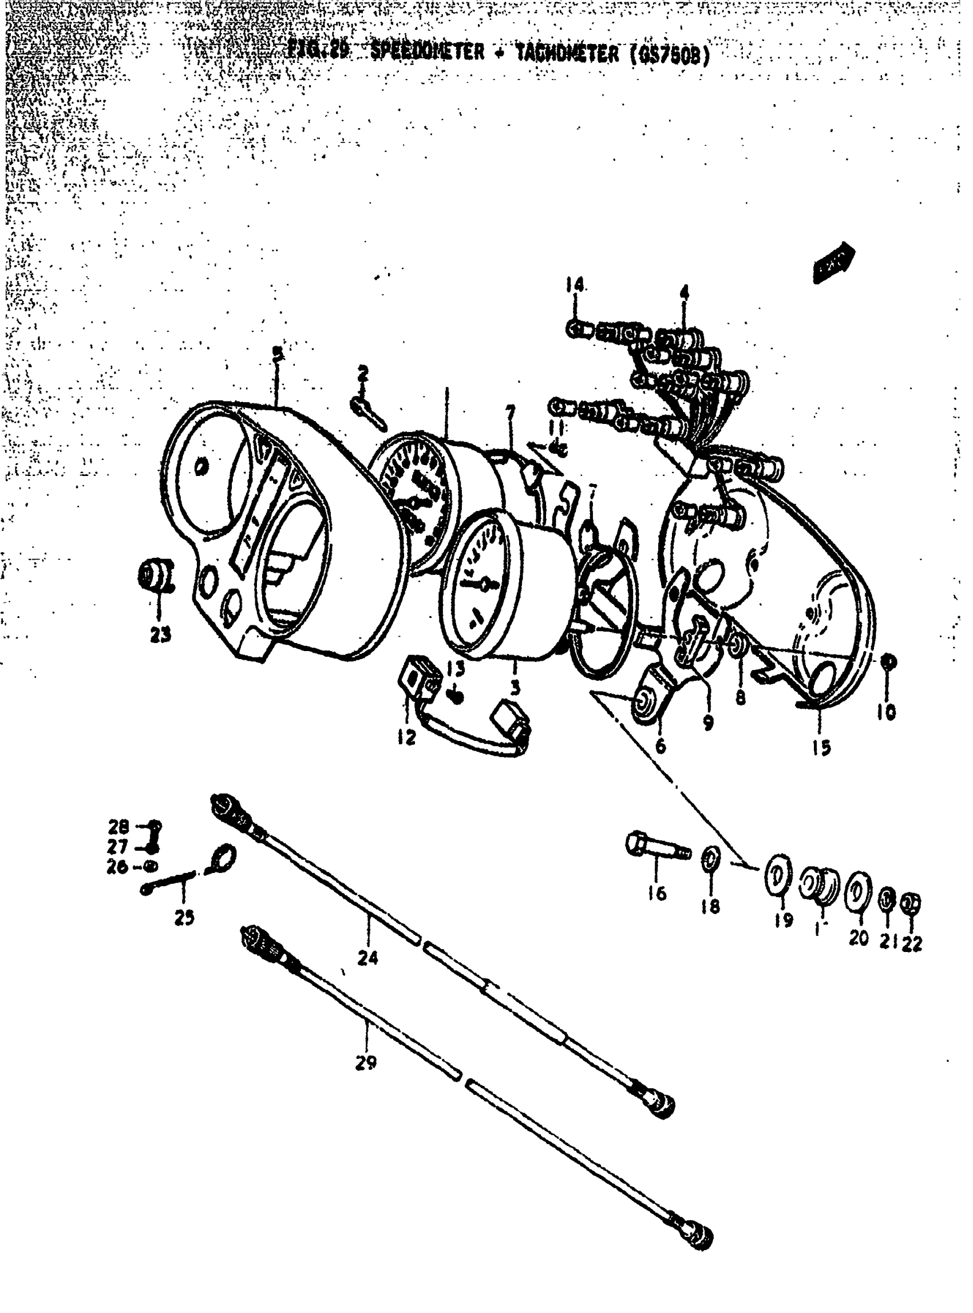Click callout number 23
click(x=160, y=634)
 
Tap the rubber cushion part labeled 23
click(x=155, y=574)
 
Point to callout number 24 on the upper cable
click(x=367, y=958)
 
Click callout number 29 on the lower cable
click(x=366, y=1063)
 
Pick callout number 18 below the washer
click(x=710, y=907)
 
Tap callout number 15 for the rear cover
click(x=821, y=748)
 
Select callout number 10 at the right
click(x=886, y=712)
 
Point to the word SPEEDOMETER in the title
click(x=427, y=53)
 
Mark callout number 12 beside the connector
click(x=406, y=737)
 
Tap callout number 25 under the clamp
click(x=184, y=918)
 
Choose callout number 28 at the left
click(x=118, y=827)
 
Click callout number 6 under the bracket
click(x=660, y=747)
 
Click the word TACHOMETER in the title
click(x=568, y=54)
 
